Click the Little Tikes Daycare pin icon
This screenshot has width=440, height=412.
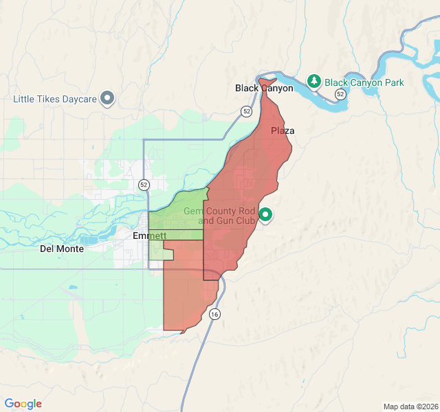point(107,99)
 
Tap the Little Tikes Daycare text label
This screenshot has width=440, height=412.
point(55,100)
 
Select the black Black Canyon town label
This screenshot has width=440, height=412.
point(264,88)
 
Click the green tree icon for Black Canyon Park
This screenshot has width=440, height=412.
point(314,82)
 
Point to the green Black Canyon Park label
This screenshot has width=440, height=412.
point(364,83)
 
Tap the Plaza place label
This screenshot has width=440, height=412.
point(283,130)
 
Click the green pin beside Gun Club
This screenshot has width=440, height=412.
point(265,216)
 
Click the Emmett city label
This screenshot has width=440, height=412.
point(149,236)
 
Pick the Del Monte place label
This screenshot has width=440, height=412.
point(62,249)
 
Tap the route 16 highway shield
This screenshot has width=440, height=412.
point(215,314)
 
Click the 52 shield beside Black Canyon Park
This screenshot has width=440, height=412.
point(340,93)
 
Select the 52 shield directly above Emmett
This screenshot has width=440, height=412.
point(143,184)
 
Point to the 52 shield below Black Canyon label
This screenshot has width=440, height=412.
point(246,111)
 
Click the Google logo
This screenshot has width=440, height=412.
point(23,404)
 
